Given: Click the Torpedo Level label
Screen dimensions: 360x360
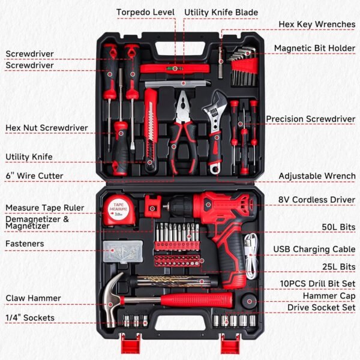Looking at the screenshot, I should pos(145,12).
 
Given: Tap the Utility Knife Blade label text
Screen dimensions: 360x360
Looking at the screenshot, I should pos(221,12).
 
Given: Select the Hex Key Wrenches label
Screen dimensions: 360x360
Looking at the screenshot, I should pos(316,25).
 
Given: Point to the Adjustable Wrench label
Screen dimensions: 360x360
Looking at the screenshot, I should pos(317,176).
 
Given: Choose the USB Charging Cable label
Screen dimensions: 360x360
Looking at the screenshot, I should pos(314,249).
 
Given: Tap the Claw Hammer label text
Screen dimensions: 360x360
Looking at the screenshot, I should pos(33,298).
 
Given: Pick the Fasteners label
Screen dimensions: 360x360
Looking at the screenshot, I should pos(25,244).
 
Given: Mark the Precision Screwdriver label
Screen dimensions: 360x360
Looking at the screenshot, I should pos(310,119).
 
